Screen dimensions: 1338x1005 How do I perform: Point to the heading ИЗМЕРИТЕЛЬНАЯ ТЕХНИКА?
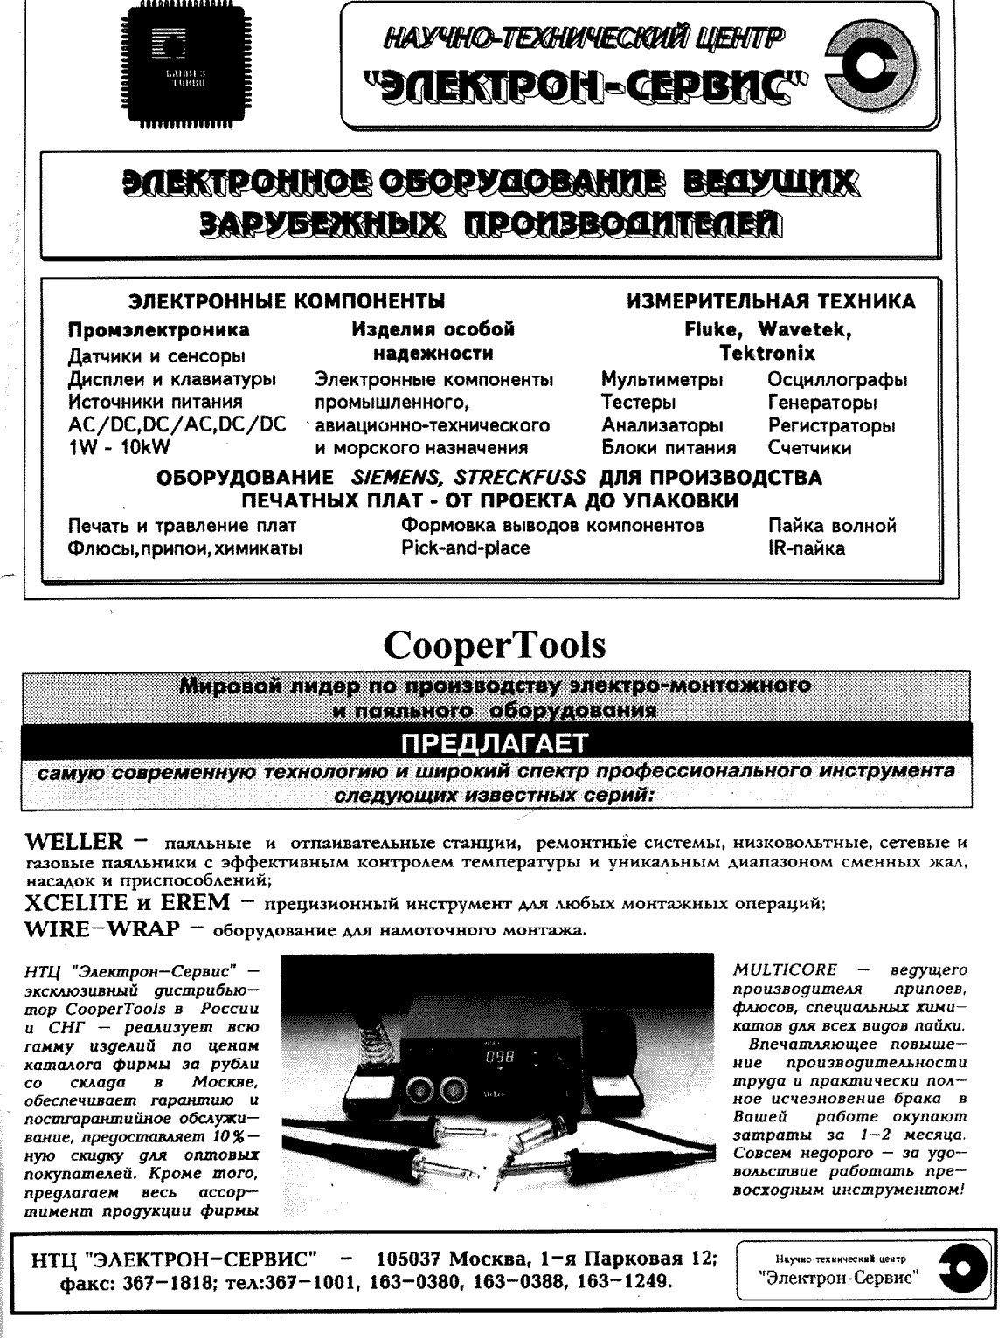771,302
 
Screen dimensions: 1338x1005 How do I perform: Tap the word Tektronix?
766,354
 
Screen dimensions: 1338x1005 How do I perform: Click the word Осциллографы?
836,381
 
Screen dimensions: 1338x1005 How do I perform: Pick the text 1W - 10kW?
119,448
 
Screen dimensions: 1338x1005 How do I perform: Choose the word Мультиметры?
662,381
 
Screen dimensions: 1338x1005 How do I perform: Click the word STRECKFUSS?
523,478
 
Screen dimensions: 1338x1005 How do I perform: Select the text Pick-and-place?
465,548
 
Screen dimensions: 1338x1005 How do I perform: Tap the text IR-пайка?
807,548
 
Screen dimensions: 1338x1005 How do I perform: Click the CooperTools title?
494,645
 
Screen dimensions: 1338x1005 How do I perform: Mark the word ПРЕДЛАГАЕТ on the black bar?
494,743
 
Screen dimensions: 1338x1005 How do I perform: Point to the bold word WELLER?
75,843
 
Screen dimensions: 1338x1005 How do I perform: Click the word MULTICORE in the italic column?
784,969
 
